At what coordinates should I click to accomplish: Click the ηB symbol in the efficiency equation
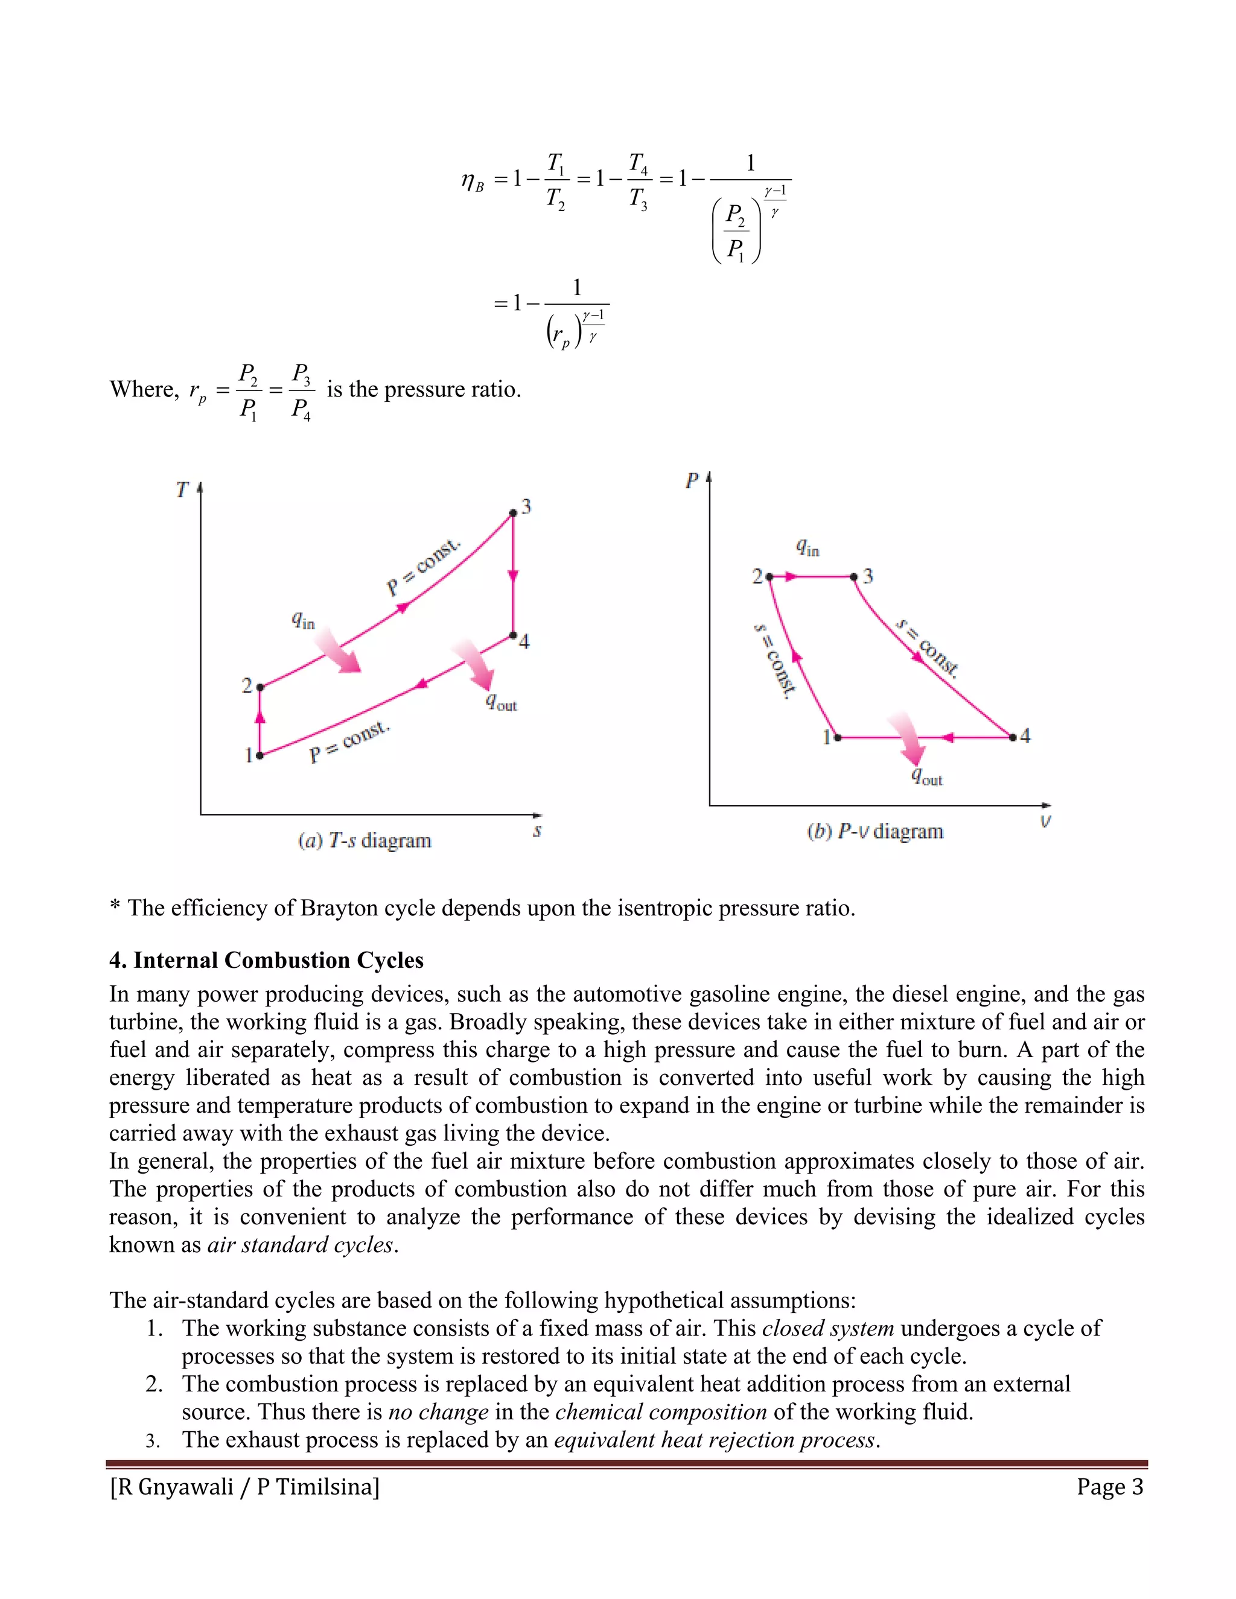point(473,180)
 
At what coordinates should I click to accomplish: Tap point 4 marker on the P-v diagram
point(1013,737)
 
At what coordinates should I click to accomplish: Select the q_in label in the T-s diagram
point(302,620)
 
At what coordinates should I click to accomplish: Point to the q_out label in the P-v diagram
point(926,776)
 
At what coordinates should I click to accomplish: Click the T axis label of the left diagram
point(182,490)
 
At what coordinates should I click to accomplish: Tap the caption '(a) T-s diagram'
point(365,841)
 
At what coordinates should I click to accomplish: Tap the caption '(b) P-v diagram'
point(875,831)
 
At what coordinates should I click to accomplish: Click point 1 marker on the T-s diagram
point(259,755)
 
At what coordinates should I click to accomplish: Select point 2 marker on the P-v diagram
point(769,577)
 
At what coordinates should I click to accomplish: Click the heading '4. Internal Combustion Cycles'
point(267,960)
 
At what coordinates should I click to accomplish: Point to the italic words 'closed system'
point(827,1328)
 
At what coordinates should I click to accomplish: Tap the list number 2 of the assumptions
point(154,1384)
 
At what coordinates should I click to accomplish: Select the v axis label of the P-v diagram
point(1046,821)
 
